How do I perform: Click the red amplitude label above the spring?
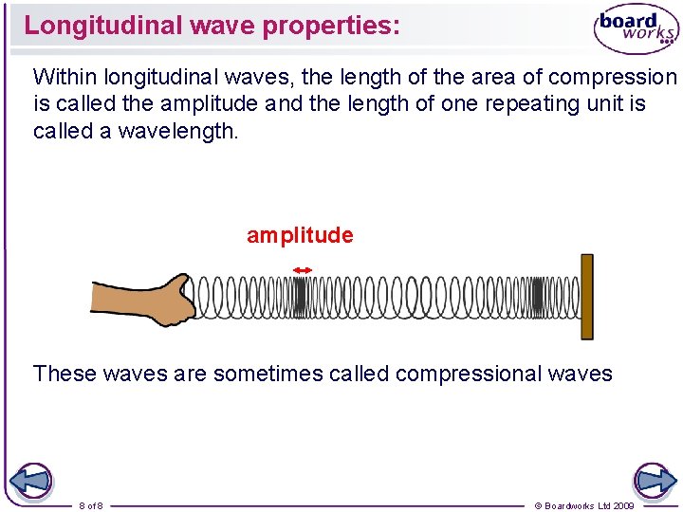click(300, 235)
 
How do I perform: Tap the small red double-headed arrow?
click(302, 271)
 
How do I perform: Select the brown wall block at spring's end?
click(586, 296)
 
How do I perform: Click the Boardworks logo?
click(636, 29)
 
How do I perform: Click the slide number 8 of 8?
click(92, 505)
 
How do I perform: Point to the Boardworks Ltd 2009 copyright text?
click(584, 505)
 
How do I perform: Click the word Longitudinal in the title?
click(103, 26)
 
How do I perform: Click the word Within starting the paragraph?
click(65, 77)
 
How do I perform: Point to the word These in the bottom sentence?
click(65, 374)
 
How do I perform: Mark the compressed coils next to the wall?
click(540, 297)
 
